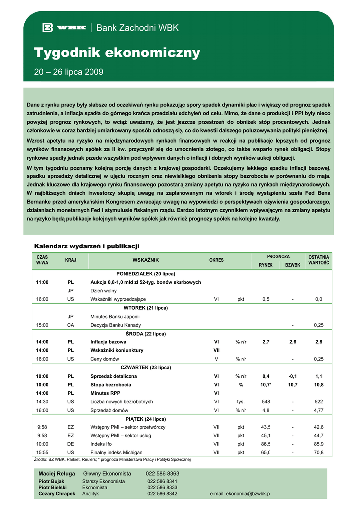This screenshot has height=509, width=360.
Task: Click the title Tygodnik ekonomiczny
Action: point(117,53)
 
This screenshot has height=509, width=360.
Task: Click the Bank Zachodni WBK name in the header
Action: point(137,28)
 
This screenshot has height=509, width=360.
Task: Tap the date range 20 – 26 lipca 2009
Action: point(69,72)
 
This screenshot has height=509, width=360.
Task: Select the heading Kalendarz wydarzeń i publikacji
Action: point(87,246)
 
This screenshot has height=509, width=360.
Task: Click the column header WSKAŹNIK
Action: point(145,260)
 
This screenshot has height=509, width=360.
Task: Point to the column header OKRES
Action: point(216,260)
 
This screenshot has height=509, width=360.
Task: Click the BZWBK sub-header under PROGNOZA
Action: point(293,265)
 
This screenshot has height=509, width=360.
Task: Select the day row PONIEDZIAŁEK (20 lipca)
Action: point(146,274)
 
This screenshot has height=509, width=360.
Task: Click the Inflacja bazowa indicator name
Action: point(108,342)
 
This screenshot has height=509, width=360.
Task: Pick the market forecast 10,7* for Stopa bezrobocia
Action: point(266,385)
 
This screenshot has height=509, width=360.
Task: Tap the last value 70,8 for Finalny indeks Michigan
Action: point(319,453)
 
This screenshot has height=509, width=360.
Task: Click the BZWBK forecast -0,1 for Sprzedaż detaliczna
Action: point(293,376)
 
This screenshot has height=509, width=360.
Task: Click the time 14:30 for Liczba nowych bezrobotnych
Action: point(42,402)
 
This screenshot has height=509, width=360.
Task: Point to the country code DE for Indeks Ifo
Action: point(71,444)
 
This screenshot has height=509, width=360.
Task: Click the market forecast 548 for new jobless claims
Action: point(266,402)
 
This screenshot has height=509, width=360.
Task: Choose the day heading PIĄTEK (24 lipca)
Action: point(146,419)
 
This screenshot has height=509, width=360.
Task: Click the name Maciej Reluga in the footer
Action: point(57,474)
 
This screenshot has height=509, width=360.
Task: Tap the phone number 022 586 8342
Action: point(162,494)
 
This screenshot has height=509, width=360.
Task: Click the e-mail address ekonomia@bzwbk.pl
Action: point(241,494)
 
